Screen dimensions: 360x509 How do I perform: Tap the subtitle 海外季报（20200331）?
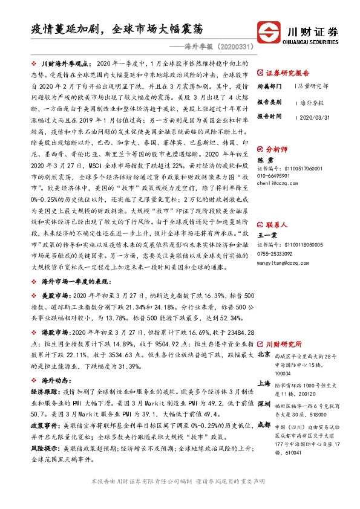point(217,45)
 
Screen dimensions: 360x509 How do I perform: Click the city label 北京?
point(264,354)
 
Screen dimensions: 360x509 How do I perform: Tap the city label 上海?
point(264,383)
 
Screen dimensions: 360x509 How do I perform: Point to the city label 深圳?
point(264,403)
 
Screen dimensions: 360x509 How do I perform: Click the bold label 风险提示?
point(44,450)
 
